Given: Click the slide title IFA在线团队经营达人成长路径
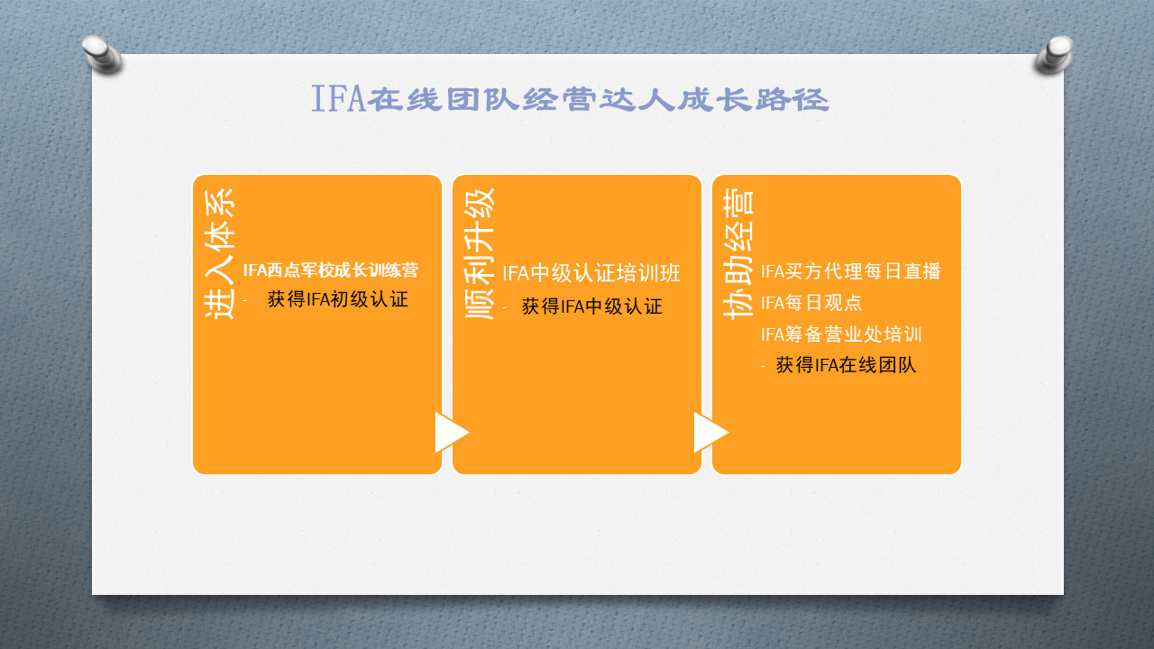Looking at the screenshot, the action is click(x=571, y=99).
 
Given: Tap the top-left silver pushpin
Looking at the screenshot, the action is click(x=102, y=54).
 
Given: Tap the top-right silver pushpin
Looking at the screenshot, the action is click(x=1054, y=54).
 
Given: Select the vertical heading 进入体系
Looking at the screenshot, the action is click(x=219, y=254).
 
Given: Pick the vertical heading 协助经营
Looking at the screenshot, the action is click(x=738, y=254).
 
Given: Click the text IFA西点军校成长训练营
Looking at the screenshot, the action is click(x=331, y=270).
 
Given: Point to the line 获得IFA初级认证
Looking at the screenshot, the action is click(x=338, y=299).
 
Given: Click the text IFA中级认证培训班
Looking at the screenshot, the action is click(x=591, y=273).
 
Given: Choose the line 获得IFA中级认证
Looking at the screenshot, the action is click(x=592, y=306).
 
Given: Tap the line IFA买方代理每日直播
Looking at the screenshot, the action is click(x=851, y=271).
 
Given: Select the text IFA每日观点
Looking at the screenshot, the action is click(x=811, y=303).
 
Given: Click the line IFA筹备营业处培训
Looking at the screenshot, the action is click(x=841, y=334).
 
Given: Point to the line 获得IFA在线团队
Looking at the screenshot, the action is click(x=846, y=365).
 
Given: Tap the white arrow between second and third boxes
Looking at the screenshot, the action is click(x=711, y=432).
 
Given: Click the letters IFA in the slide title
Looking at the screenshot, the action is click(x=338, y=99).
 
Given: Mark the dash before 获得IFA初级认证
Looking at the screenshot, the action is click(x=245, y=300).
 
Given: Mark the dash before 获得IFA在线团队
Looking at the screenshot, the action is click(x=764, y=366).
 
